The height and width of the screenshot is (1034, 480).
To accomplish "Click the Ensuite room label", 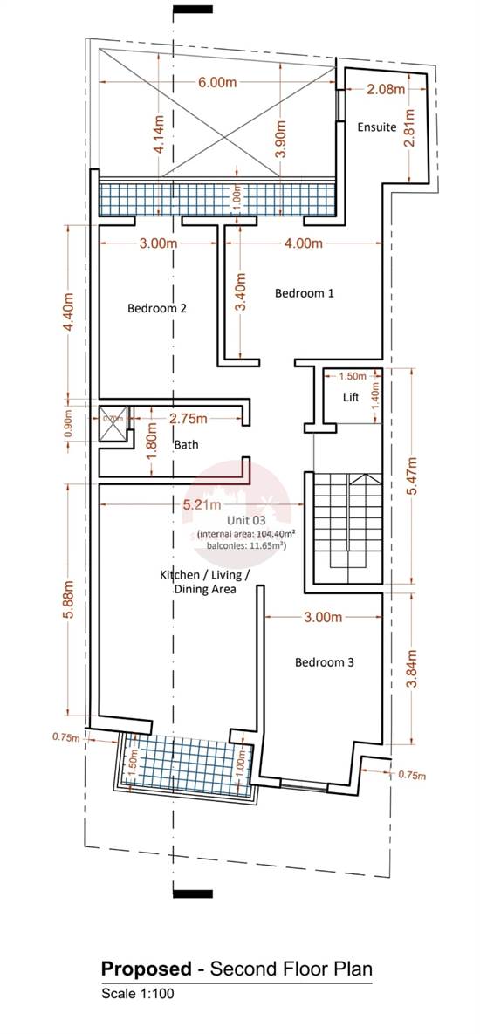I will [x=377, y=127].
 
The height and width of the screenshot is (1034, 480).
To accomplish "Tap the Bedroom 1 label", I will [x=305, y=294].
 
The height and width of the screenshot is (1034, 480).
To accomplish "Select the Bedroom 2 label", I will [x=157, y=308].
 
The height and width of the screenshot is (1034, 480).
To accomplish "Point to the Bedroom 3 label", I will [x=324, y=662].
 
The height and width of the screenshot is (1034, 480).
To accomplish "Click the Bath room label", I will [x=186, y=445].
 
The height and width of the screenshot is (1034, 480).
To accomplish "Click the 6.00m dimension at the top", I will [x=217, y=82].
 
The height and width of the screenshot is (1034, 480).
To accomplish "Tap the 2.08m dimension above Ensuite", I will [x=386, y=89].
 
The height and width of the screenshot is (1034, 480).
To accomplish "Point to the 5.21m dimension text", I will [x=202, y=504].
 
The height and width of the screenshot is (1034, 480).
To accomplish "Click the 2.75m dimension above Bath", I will [x=188, y=418].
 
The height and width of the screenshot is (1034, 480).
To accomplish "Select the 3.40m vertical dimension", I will [x=242, y=292].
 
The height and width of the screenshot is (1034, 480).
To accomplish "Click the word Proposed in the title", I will [x=146, y=969].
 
